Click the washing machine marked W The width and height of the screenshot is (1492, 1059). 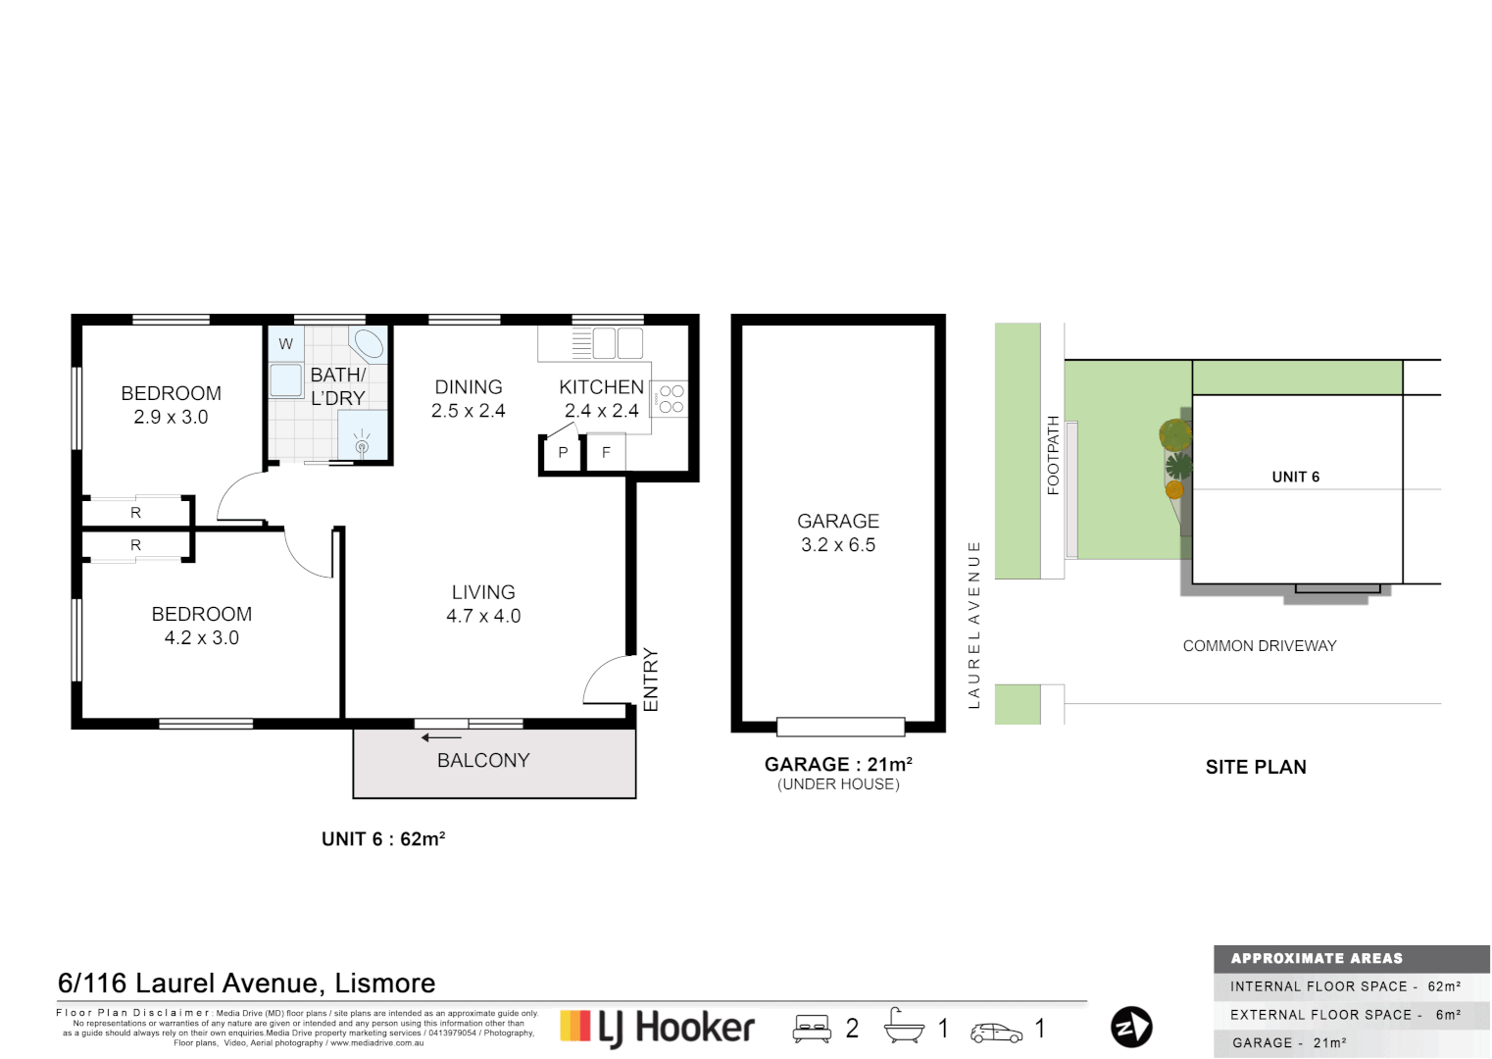[x=285, y=344]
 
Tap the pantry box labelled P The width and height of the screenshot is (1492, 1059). [x=562, y=453]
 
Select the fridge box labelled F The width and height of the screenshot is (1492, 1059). [x=606, y=453]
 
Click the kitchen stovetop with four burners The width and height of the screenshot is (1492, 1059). [x=671, y=399]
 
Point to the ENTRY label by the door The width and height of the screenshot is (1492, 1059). [x=651, y=680]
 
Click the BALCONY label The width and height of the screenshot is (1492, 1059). [x=483, y=761]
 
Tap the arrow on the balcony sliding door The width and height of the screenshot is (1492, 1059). [x=441, y=737]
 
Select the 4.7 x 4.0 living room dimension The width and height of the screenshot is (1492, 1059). [x=483, y=617]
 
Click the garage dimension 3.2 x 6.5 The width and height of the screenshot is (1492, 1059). [x=838, y=545]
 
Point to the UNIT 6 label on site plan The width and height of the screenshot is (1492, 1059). [x=1295, y=478]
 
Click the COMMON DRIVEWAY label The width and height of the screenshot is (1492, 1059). [x=1260, y=646]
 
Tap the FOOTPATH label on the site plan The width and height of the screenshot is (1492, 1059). [x=1054, y=455]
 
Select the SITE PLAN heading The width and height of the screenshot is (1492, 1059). [x=1256, y=768]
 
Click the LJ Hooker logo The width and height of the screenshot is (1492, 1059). [x=658, y=1028]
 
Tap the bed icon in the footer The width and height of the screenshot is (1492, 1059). [x=812, y=1029]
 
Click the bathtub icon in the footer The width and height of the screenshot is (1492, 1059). [x=903, y=1027]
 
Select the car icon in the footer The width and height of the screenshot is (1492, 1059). [x=996, y=1033]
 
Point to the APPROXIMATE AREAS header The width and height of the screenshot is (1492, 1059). [x=1317, y=959]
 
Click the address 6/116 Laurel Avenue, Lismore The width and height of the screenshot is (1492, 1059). [x=247, y=983]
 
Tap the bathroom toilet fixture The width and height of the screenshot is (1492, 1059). [x=369, y=344]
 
